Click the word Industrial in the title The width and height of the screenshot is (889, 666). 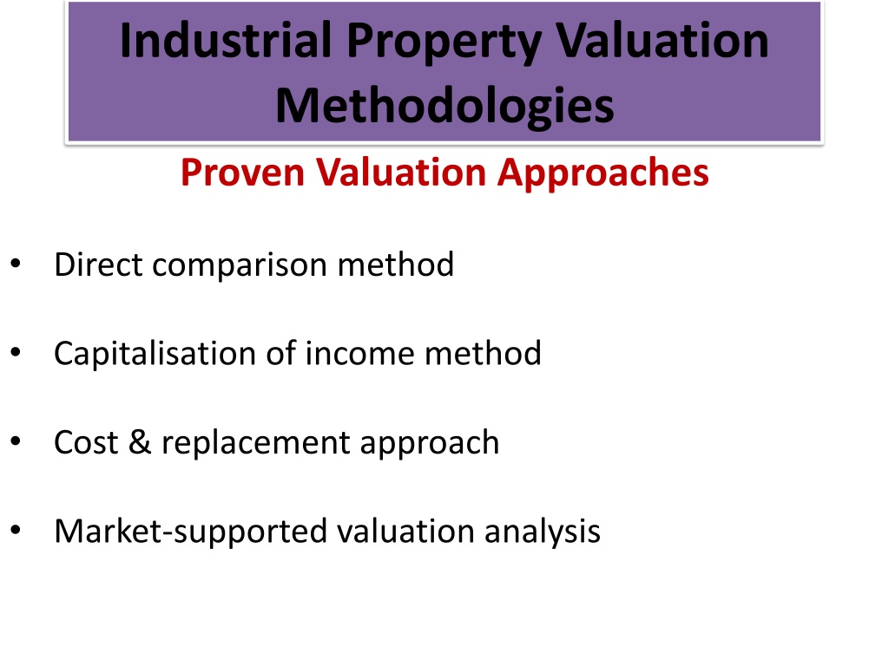pos(226,40)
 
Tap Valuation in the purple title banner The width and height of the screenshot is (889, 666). pos(662,40)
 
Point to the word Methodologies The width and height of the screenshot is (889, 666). pos(444,106)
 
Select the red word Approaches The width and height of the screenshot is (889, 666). pos(603,173)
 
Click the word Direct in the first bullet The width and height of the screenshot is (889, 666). pos(98,264)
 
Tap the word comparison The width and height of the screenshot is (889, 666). pos(240,267)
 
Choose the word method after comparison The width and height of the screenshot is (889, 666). pos(396,264)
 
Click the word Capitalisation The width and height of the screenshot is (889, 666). pos(155,355)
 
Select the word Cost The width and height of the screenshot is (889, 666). pos(86,443)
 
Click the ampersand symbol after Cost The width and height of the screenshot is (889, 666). pos(140,442)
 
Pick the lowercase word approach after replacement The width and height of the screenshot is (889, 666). pos(429,444)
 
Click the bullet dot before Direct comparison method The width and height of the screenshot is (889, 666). pos(16,264)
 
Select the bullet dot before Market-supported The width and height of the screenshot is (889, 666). pos(16,530)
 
